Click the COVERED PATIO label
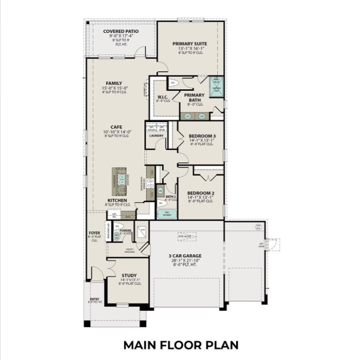click(120, 31)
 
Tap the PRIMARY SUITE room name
click(190, 44)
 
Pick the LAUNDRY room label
click(156, 135)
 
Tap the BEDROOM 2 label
click(200, 193)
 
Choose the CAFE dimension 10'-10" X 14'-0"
click(116, 131)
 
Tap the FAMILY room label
click(114, 83)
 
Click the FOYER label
click(94, 232)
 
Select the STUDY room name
click(128, 275)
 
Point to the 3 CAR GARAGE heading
click(184, 256)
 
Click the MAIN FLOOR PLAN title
click(181, 344)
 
